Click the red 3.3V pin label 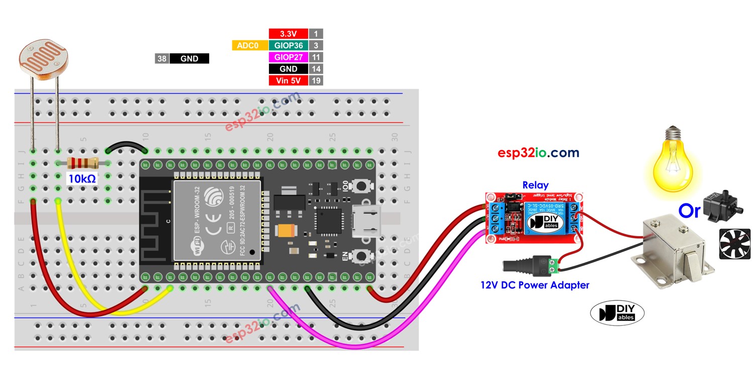288,34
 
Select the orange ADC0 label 247,45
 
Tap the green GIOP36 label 288,45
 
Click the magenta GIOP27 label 288,57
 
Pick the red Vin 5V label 288,81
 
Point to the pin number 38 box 161,59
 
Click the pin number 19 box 316,81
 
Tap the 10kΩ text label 81,178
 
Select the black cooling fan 734,244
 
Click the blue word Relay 535,185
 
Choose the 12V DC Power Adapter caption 534,285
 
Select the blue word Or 689,211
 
